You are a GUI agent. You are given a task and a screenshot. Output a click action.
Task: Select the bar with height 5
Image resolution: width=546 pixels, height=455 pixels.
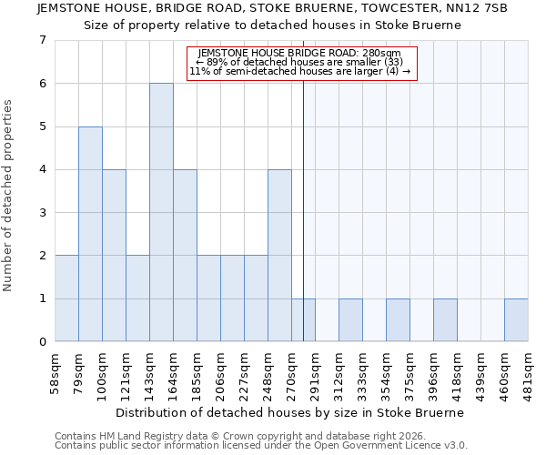coord(90,234)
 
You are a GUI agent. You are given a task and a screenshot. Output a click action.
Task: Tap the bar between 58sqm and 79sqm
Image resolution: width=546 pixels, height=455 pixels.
coord(66,298)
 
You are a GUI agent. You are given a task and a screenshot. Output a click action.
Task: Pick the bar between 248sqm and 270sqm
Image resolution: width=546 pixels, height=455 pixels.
coord(279,256)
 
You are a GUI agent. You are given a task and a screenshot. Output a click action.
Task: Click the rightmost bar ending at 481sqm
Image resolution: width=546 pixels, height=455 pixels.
coord(516,320)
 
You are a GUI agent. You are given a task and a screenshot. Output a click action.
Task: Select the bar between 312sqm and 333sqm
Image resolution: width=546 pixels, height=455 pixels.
coord(350,320)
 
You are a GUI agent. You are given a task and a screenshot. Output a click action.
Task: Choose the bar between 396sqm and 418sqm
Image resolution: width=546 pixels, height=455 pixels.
coord(445,320)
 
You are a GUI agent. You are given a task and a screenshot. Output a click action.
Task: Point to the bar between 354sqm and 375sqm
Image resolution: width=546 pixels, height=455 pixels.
coord(398,320)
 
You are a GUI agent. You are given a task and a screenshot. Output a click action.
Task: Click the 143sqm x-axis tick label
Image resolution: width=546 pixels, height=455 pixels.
coord(151,372)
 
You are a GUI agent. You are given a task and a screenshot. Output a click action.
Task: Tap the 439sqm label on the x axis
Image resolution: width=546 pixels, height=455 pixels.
coord(483,372)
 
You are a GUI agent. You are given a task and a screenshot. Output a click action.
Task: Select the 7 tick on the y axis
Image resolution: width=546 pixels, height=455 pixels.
coord(42,40)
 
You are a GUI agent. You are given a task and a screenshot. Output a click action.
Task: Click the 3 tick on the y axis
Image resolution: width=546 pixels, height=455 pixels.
coord(42,213)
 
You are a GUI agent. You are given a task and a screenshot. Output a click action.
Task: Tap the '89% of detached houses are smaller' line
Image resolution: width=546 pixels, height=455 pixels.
coord(300,63)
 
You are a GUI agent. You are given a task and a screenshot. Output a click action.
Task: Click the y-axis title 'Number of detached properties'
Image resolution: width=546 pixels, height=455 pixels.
coord(9,196)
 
